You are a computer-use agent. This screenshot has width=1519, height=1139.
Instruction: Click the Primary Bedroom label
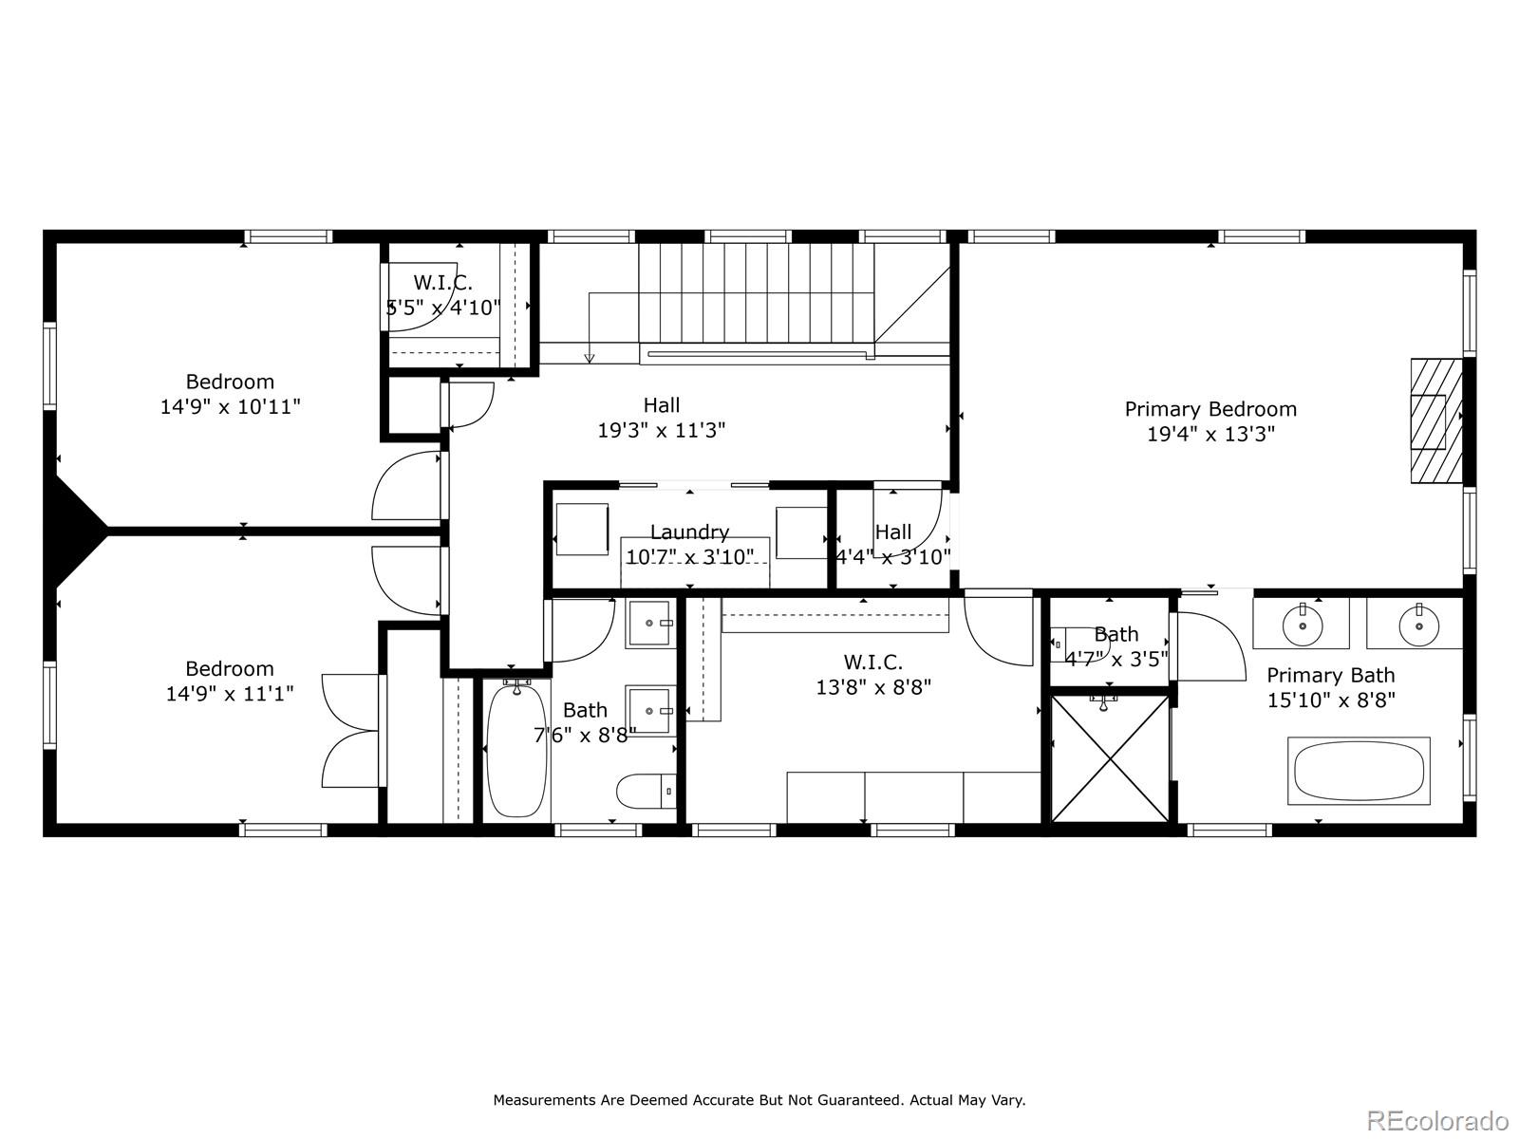(x=1210, y=409)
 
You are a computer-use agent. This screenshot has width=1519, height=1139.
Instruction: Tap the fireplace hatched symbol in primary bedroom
(x=1429, y=421)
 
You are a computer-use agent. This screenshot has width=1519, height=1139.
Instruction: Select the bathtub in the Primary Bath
(x=1359, y=771)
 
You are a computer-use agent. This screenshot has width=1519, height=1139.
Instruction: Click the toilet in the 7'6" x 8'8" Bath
(x=645, y=790)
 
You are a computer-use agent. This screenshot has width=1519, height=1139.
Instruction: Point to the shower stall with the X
(x=1110, y=758)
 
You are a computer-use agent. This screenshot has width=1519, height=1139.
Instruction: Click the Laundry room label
(x=689, y=532)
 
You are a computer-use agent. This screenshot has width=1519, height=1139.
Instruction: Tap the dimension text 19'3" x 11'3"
(x=661, y=430)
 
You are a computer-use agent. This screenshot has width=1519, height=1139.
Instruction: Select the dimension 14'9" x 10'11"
(x=230, y=406)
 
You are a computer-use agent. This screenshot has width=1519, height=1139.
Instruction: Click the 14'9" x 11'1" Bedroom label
(x=230, y=668)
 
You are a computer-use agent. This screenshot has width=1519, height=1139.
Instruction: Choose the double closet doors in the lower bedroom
(x=351, y=730)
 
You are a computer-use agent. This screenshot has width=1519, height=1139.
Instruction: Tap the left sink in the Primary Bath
(x=1301, y=624)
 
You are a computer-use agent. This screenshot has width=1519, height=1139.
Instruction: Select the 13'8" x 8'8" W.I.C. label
(x=872, y=663)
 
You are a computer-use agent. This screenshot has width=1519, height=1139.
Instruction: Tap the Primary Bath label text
(x=1330, y=676)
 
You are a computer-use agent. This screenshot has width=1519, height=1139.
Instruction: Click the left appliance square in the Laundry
(x=581, y=529)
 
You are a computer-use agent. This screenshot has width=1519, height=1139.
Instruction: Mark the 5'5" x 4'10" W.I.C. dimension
(x=443, y=307)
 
